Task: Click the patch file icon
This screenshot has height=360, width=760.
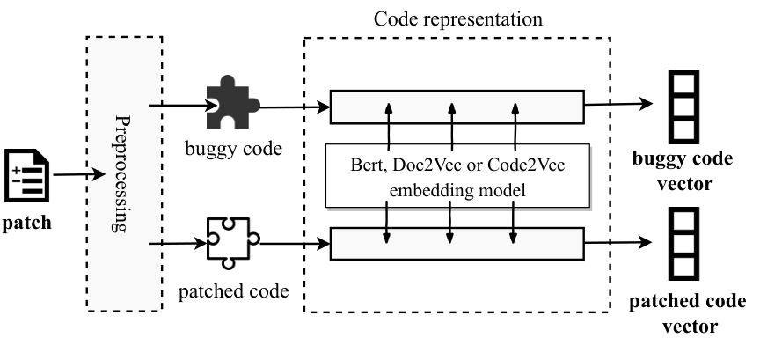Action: tap(27, 175)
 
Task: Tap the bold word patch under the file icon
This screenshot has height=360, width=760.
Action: tap(27, 223)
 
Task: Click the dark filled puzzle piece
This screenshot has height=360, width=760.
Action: tap(233, 102)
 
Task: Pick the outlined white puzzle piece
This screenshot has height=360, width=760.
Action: tap(233, 243)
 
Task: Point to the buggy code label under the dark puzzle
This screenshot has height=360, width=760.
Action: tap(234, 149)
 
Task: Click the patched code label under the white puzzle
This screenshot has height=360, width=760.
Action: tap(234, 291)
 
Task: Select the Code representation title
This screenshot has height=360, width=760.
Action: tap(458, 19)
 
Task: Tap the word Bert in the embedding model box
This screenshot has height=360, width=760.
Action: tap(368, 165)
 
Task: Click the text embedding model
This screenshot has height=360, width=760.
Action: tap(457, 190)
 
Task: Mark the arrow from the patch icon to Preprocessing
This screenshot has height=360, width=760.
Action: tap(79, 174)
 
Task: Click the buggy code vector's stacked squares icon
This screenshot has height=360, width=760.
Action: tap(683, 107)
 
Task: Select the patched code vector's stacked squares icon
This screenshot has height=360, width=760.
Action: tap(683, 244)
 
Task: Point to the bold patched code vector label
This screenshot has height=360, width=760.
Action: tap(688, 313)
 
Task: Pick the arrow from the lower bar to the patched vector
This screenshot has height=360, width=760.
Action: tap(618, 242)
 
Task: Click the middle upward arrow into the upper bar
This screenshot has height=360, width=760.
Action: tap(452, 127)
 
